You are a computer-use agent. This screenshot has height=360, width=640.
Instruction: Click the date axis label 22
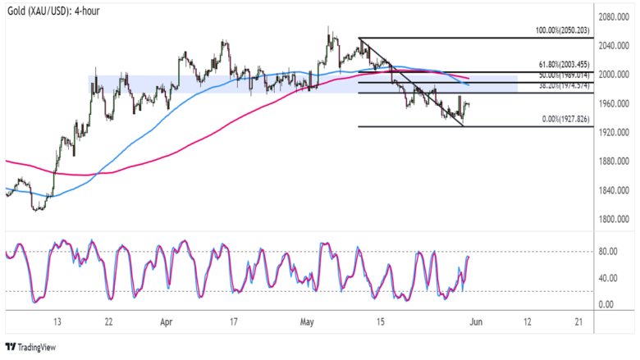tap(107, 321)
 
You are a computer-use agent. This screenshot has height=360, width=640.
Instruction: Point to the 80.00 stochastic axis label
tap(606, 252)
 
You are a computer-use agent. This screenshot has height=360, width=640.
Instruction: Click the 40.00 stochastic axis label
tap(606, 278)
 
